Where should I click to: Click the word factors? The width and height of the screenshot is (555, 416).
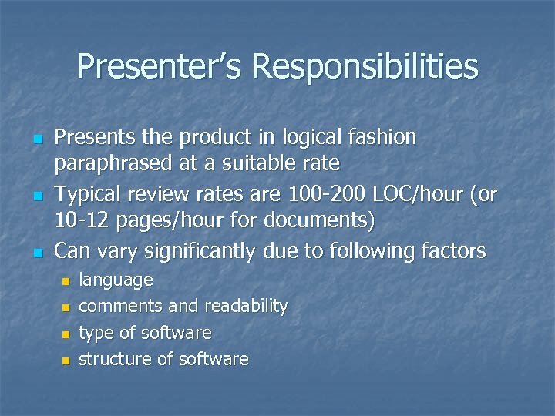click(449, 250)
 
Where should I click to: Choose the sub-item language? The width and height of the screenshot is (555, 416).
click(116, 280)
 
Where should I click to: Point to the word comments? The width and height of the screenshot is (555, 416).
click(121, 306)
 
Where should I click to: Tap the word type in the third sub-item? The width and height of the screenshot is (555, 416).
click(96, 333)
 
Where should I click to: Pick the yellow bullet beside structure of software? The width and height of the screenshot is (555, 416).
click(66, 361)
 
